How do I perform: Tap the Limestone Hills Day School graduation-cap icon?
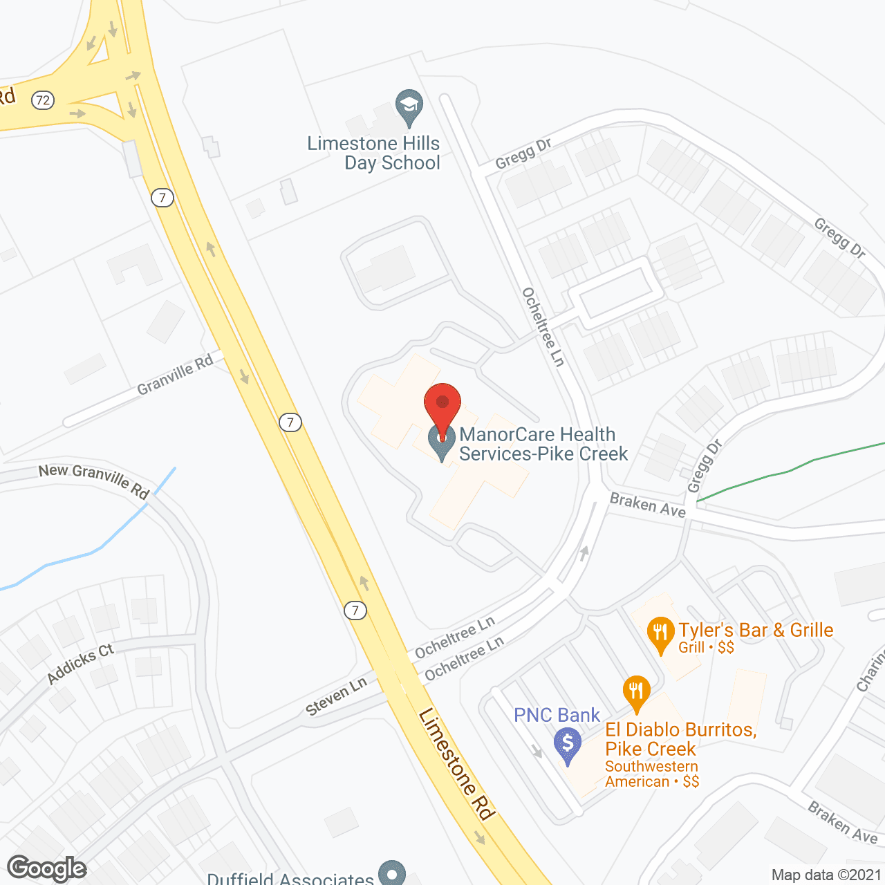[x=409, y=106]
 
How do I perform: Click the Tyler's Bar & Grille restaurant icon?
[x=660, y=633]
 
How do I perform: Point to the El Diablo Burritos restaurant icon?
[x=636, y=691]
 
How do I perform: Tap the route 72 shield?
[x=43, y=100]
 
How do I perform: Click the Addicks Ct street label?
[x=80, y=663]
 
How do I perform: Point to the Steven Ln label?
[x=337, y=697]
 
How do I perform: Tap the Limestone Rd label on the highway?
[x=457, y=763]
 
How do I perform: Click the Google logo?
[x=46, y=868]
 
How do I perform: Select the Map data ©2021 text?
[x=826, y=875]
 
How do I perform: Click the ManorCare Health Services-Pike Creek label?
[x=543, y=444]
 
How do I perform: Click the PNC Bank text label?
[x=557, y=715]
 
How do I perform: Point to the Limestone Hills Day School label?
[x=374, y=153]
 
